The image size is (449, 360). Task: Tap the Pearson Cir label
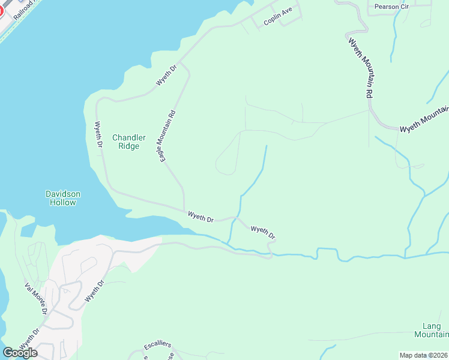pyautogui.click(x=390, y=7)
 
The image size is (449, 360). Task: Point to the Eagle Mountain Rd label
pyautogui.click(x=165, y=137)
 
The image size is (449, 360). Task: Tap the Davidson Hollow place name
pyautogui.click(x=62, y=198)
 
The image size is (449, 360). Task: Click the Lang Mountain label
pyautogui.click(x=432, y=330)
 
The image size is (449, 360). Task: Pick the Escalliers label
pyautogui.click(x=158, y=345)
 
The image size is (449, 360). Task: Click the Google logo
pyautogui.click(x=20, y=352)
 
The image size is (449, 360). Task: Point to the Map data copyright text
pyautogui.click(x=423, y=355)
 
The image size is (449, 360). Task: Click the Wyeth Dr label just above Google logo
pyautogui.click(x=29, y=339)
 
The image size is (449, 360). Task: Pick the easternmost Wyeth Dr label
pyautogui.click(x=263, y=232)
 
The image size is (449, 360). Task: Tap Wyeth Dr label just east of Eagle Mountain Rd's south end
pyautogui.click(x=200, y=217)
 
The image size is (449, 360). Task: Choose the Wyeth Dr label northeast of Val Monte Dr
pyautogui.click(x=95, y=290)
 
